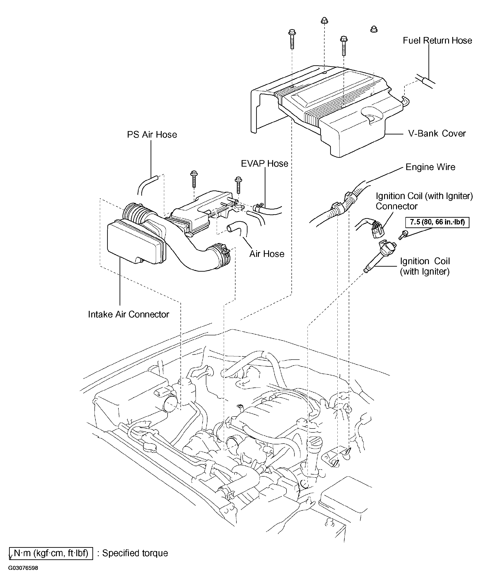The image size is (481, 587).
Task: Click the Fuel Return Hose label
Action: (x=437, y=41)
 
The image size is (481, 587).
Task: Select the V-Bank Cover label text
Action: (x=437, y=134)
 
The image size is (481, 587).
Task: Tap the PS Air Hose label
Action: (x=152, y=134)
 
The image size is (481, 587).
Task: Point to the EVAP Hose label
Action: (x=264, y=164)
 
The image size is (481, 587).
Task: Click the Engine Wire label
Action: (x=430, y=167)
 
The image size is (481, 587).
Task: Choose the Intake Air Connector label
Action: (x=128, y=314)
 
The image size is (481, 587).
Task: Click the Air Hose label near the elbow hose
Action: (x=267, y=254)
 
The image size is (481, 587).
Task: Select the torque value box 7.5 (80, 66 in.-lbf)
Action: (x=438, y=222)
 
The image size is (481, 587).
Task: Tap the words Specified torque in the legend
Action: (x=135, y=553)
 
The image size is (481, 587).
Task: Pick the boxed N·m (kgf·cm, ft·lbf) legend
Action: (x=51, y=553)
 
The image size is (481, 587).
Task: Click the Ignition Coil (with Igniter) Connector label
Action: (x=424, y=201)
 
